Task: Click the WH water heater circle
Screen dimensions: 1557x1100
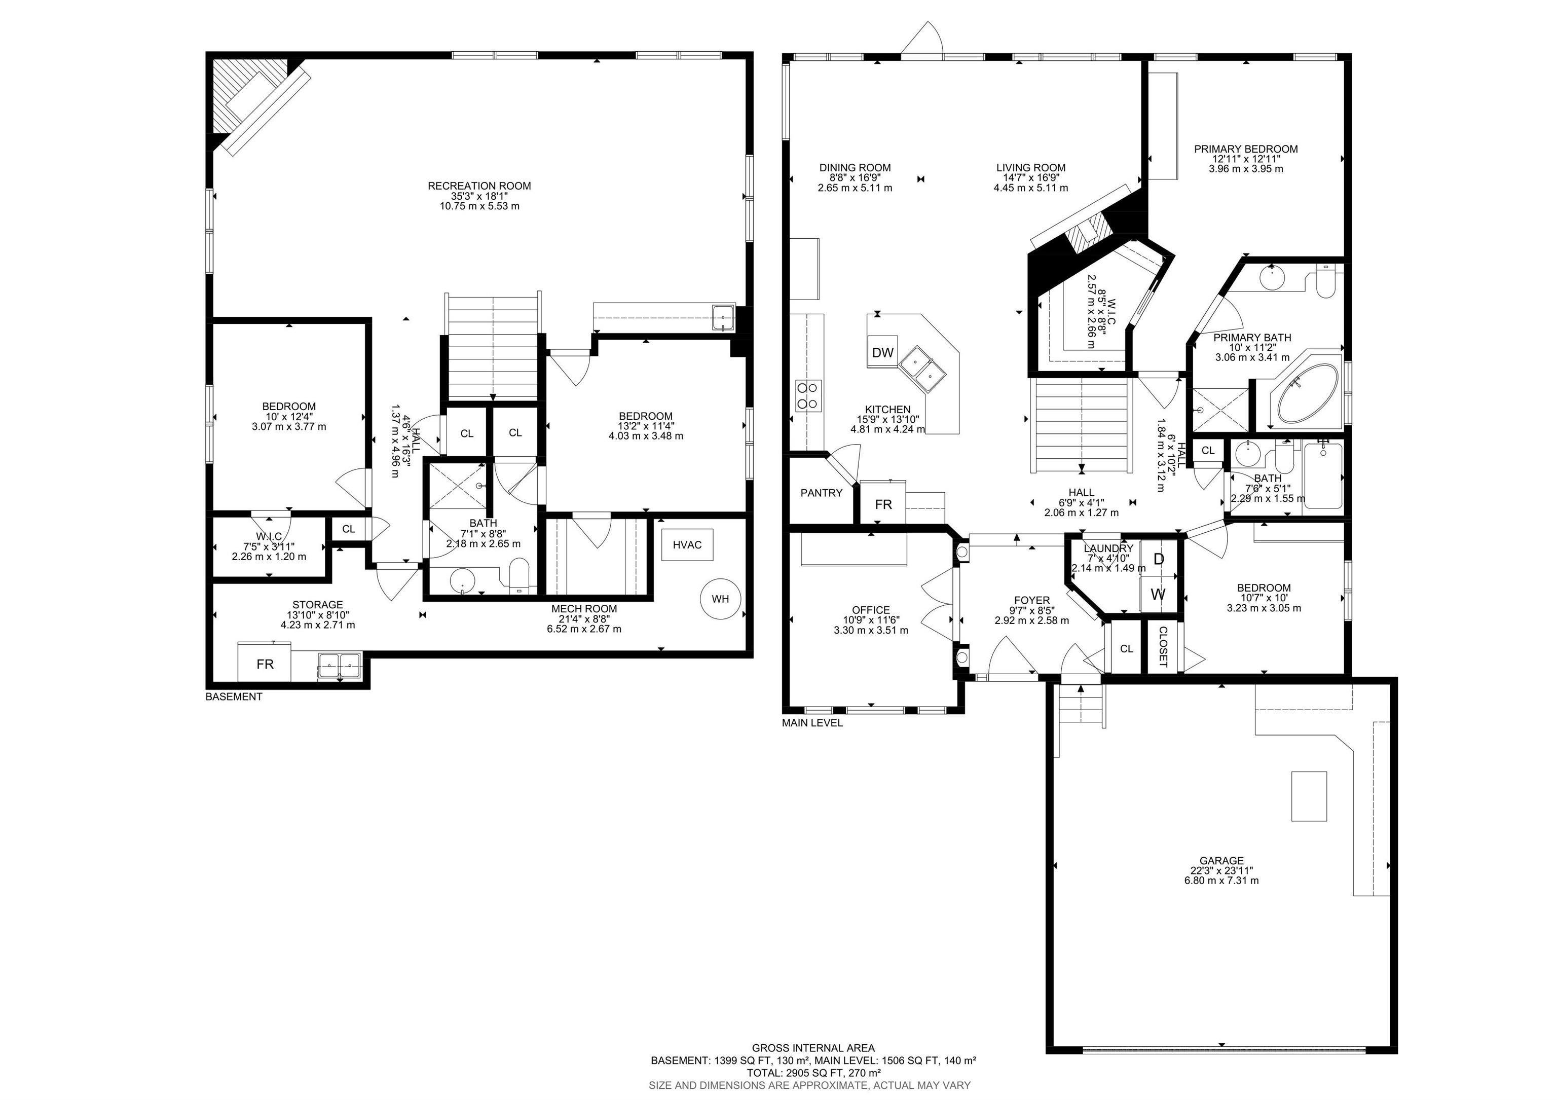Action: (720, 599)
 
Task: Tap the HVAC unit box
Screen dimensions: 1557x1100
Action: (687, 544)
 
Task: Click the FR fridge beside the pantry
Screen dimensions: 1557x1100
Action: (883, 503)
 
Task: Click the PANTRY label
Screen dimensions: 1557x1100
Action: (821, 493)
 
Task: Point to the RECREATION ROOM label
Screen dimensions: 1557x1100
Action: (479, 186)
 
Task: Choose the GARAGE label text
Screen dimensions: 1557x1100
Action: (1221, 861)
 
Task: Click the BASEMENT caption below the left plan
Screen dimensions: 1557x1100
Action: (234, 696)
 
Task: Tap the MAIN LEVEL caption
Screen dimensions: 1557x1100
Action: (812, 723)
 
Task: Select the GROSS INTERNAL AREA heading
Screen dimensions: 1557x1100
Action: (813, 1048)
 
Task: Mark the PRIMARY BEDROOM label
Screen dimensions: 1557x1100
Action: (1246, 149)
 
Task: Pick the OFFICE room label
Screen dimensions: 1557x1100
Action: (871, 610)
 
